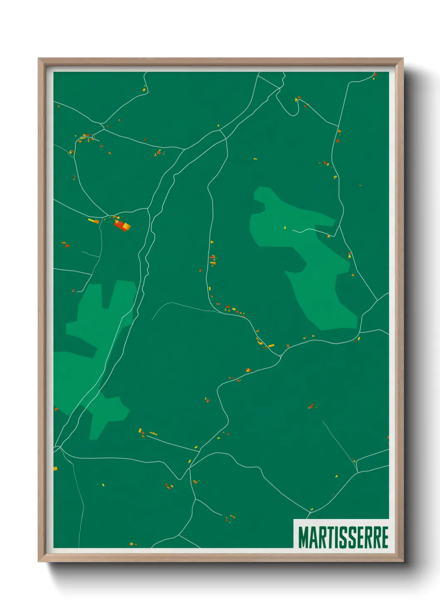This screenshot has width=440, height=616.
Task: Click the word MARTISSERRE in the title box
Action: pyautogui.click(x=343, y=537)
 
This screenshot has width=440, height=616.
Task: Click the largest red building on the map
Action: pyautogui.click(x=120, y=225)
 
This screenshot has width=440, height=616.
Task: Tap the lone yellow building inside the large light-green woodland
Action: pyautogui.click(x=285, y=227)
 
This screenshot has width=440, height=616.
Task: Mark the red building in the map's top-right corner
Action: pyautogui.click(x=374, y=75)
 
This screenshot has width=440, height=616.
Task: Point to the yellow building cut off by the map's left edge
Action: pyautogui.click(x=55, y=469)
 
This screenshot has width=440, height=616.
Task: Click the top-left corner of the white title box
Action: pyautogui.click(x=294, y=519)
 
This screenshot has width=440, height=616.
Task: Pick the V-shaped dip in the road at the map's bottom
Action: pyautogui.click(x=180, y=479)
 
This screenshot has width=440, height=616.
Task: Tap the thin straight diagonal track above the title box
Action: pyautogui.click(x=339, y=445)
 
